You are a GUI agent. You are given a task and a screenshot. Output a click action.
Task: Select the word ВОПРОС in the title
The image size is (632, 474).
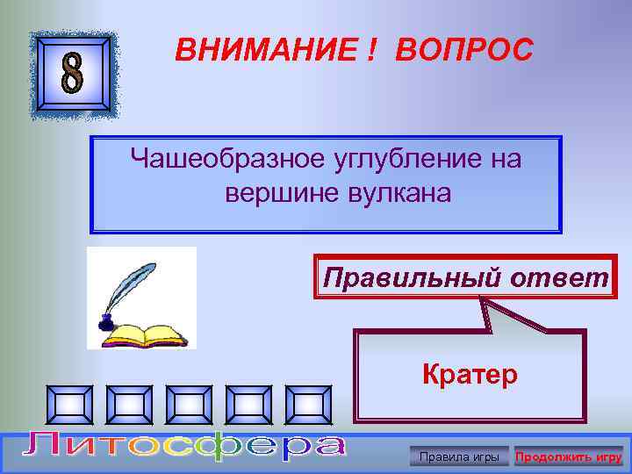pos(463,51)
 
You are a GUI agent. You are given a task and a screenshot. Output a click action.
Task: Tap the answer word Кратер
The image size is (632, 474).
pos(470,375)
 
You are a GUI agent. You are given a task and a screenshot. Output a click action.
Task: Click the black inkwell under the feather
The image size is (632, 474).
pos(106,323)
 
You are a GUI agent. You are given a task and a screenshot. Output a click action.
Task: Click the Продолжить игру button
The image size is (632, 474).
pos(568,456)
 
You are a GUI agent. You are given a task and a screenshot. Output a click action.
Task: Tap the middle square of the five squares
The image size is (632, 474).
pos(192,405)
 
